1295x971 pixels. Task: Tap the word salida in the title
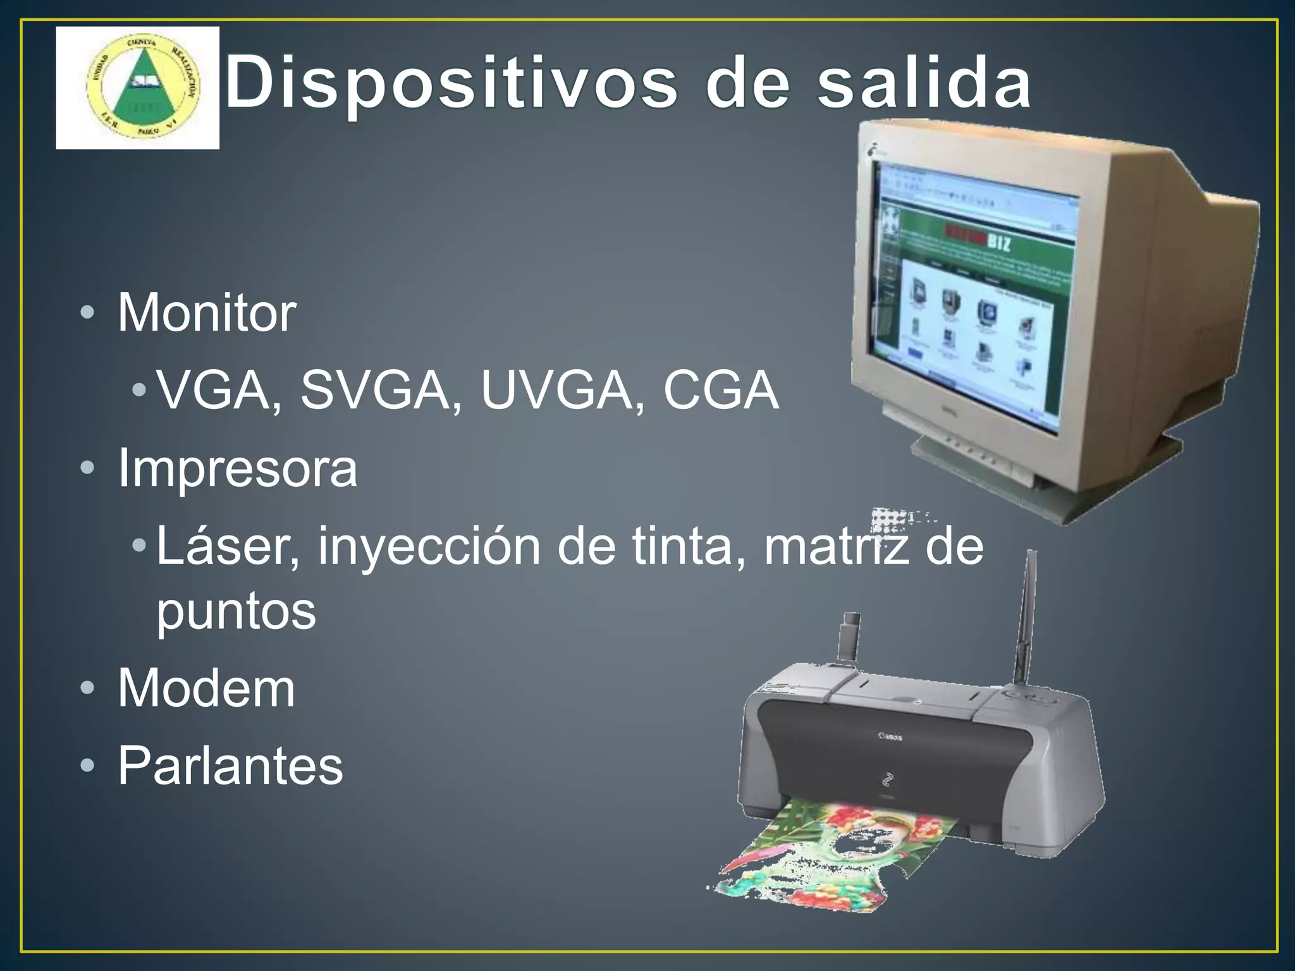[924, 82]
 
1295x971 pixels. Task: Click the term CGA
[721, 390]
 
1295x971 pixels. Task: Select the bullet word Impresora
[237, 468]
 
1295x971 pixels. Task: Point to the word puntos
[236, 611]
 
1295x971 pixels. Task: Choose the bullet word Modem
[206, 688]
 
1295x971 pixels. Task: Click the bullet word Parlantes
[230, 766]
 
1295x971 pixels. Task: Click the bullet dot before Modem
[87, 688]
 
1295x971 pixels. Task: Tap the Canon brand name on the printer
[890, 736]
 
